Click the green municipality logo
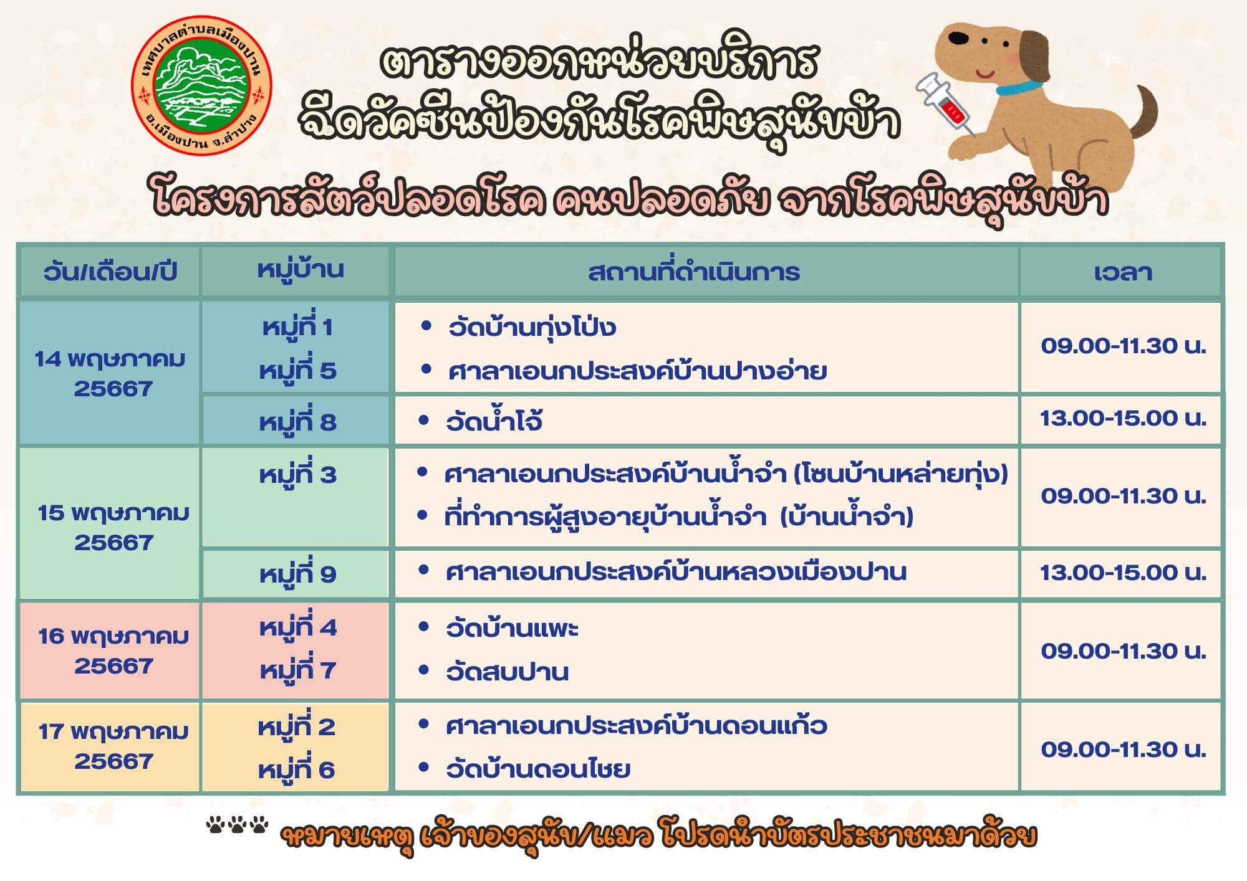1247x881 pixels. coord(201,88)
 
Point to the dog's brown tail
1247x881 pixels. coord(1144,112)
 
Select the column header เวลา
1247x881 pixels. coord(1122,272)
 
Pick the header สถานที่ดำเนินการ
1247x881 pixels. coord(693,272)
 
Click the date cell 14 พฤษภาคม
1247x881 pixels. coord(110,374)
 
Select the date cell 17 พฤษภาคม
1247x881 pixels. coord(113,746)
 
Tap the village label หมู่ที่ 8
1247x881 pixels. coord(297,422)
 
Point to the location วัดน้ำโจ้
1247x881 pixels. coord(494,421)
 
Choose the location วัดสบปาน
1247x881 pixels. coord(507,672)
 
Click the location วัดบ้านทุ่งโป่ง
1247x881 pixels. coord(532,327)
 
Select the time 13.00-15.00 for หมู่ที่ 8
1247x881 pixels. coord(1123,418)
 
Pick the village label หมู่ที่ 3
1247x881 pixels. coord(297,475)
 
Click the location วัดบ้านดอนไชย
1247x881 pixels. coord(538,769)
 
